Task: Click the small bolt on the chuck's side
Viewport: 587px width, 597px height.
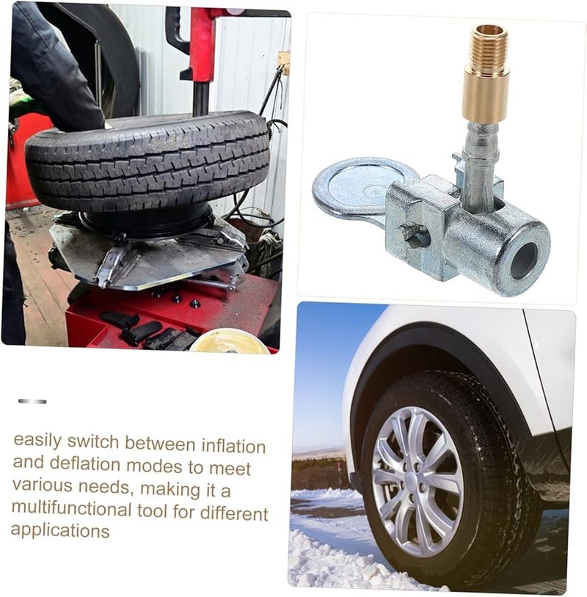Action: click(412, 233)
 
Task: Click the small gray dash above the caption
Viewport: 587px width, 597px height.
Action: click(32, 401)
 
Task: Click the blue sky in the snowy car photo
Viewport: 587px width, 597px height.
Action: click(323, 367)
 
